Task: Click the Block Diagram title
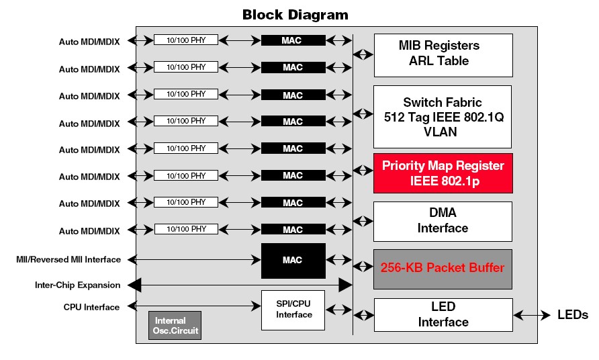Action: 295,14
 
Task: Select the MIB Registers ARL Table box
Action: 443,54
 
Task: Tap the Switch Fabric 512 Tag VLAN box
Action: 443,117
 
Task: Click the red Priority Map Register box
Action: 443,173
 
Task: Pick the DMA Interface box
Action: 443,221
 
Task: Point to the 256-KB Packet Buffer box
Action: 443,269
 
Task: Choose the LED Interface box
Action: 443,315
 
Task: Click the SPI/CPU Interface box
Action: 293,310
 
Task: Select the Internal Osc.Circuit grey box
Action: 174,326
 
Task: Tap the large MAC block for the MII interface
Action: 293,259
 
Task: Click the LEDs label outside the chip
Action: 573,315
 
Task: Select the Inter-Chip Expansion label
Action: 77,285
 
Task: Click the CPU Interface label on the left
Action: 91,308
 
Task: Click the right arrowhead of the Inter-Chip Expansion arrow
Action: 346,285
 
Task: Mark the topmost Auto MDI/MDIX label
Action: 89,42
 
